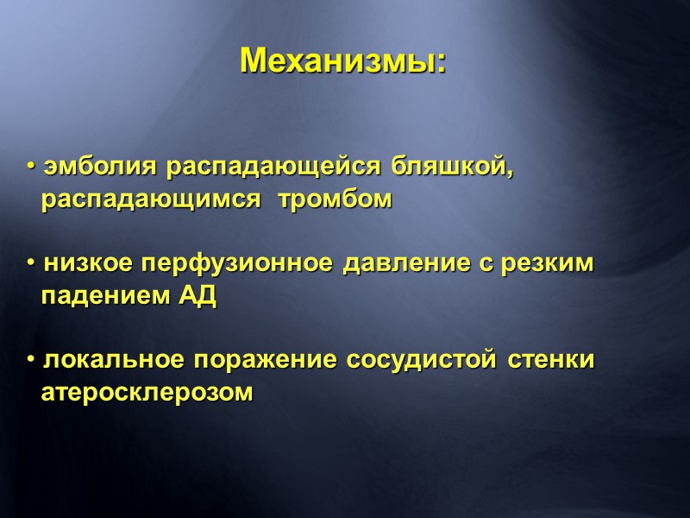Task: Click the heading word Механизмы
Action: tap(342, 60)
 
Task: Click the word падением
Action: tap(105, 298)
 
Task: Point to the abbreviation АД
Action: tap(198, 298)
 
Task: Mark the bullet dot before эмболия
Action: tap(29, 167)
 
